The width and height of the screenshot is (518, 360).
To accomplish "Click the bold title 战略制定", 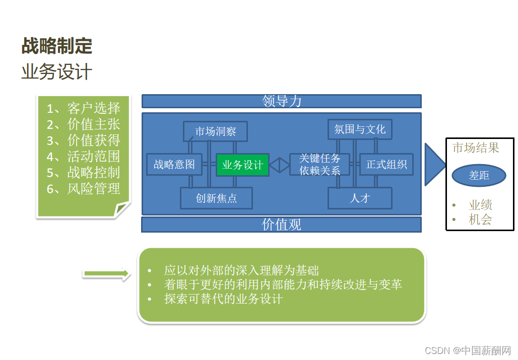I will pyautogui.click(x=56, y=46).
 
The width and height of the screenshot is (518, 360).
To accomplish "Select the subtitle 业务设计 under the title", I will pyautogui.click(x=56, y=71).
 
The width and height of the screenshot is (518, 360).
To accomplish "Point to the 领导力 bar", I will pyautogui.click(x=281, y=101).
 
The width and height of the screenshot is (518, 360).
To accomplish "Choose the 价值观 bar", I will pyautogui.click(x=281, y=225).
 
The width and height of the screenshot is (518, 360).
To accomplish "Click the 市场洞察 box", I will pyautogui.click(x=215, y=131).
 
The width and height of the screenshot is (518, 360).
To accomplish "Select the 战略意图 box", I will pyautogui.click(x=174, y=165).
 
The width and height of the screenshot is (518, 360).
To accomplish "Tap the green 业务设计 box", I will pyautogui.click(x=242, y=165).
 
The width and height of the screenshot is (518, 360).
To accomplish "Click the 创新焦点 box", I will pyautogui.click(x=216, y=198).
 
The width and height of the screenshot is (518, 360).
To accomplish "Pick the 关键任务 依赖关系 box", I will pyautogui.click(x=319, y=165).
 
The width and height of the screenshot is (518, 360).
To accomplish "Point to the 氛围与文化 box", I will pyautogui.click(x=360, y=129).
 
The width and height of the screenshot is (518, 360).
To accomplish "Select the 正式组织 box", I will pyautogui.click(x=386, y=165).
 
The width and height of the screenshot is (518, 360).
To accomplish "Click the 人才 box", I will pyautogui.click(x=360, y=198).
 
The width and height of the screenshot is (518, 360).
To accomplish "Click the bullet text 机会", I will pyautogui.click(x=480, y=220).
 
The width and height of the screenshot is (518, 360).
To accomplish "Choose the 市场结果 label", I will pyautogui.click(x=476, y=148).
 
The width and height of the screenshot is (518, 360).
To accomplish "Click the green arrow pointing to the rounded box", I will pyautogui.click(x=106, y=273).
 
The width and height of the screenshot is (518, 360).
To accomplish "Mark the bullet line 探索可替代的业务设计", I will pyautogui.click(x=223, y=299).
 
